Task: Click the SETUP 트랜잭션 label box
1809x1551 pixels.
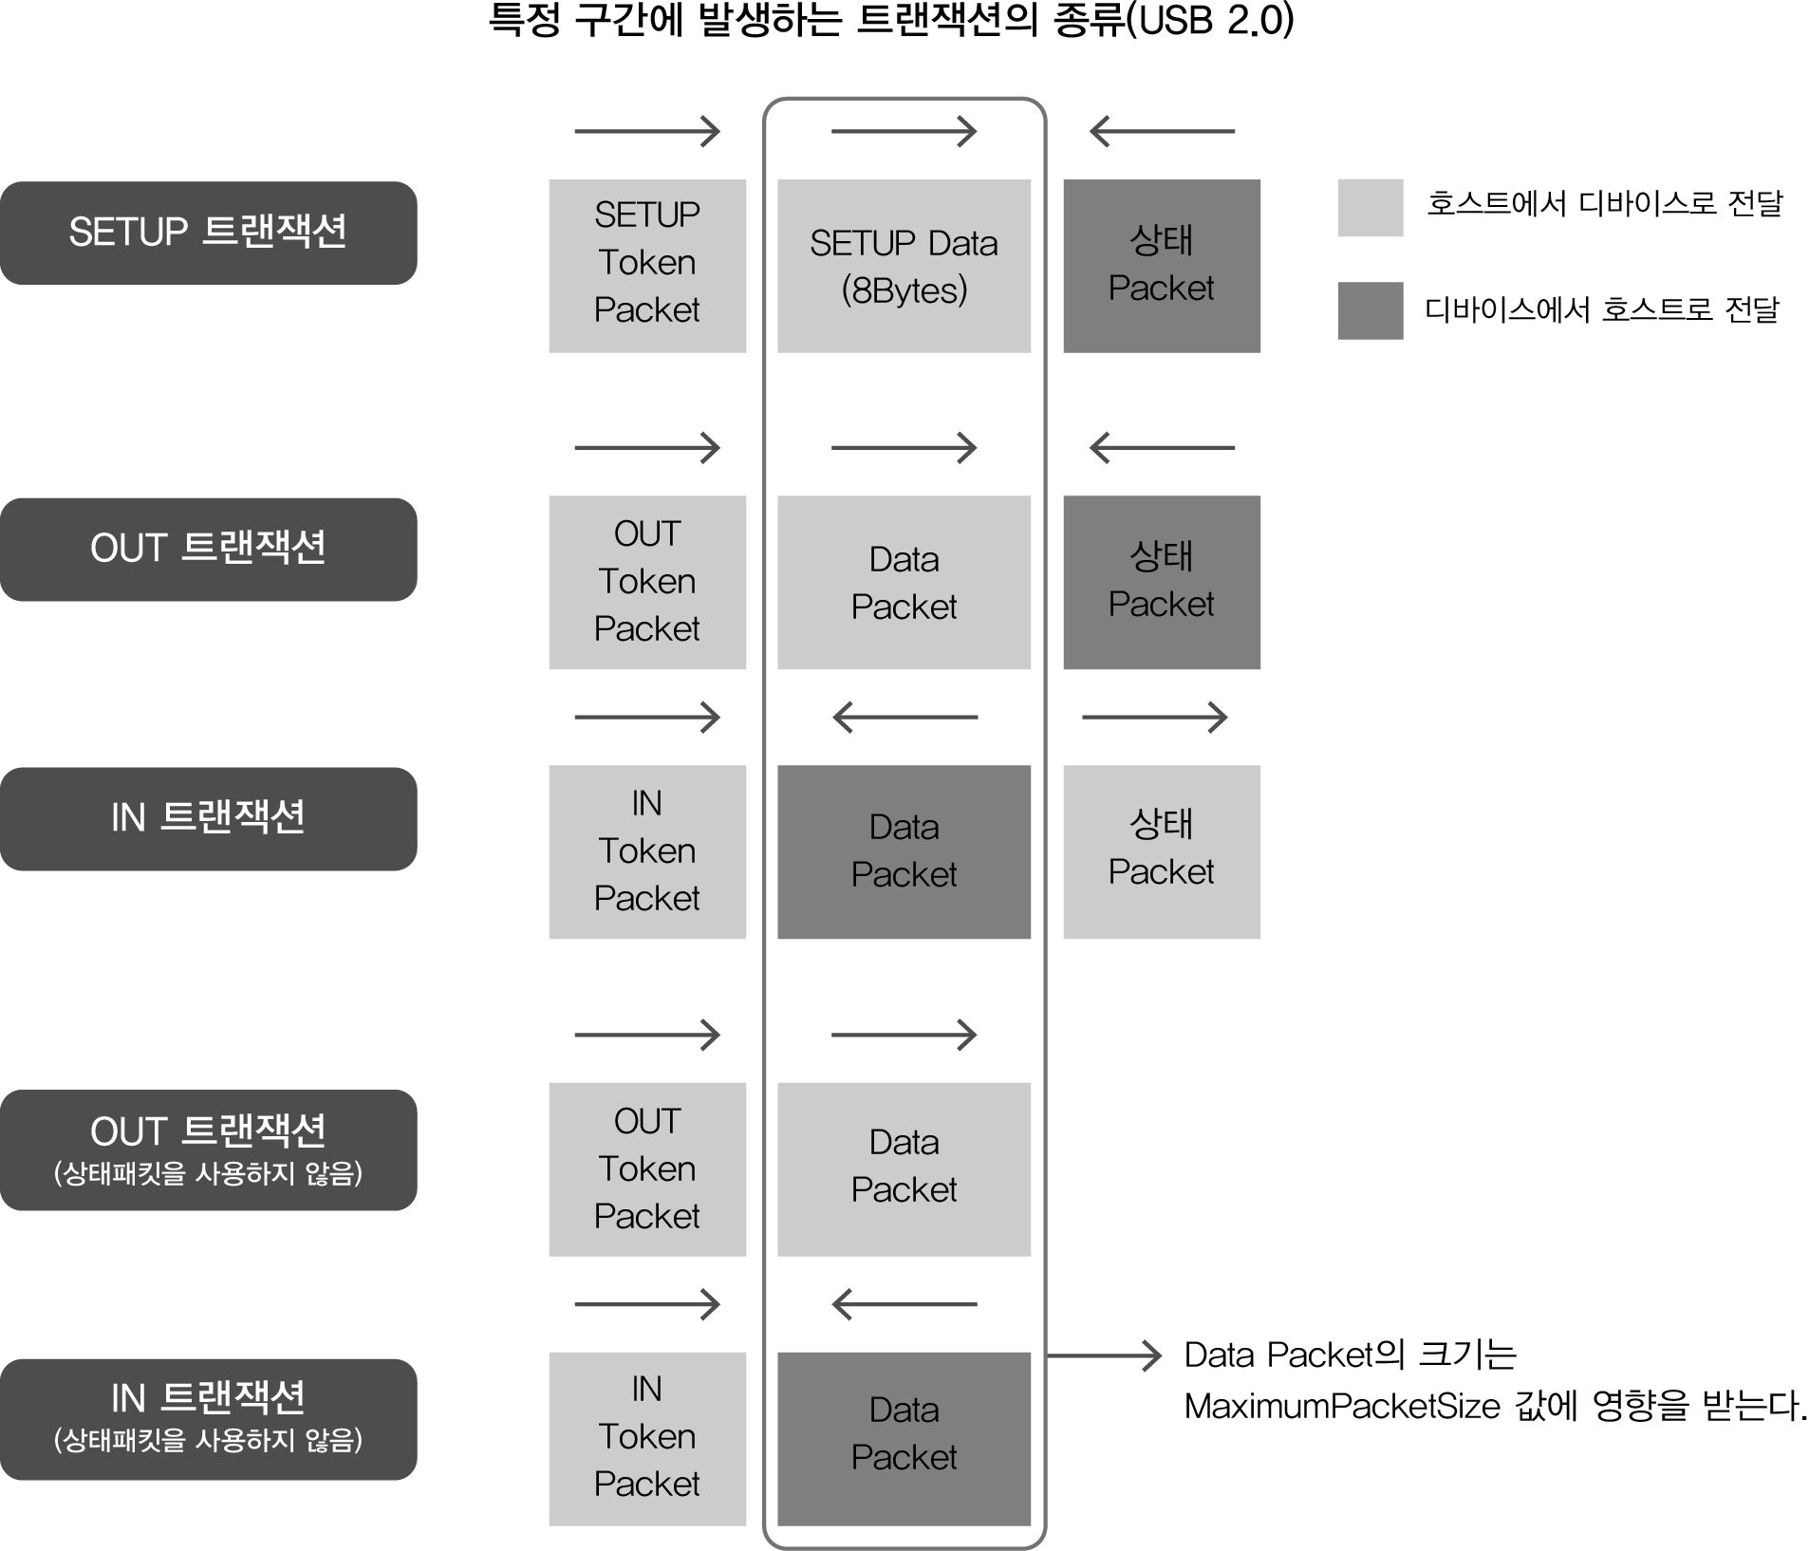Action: [208, 233]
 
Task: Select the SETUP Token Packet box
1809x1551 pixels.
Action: [647, 266]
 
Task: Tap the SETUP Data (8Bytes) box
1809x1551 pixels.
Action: [904, 266]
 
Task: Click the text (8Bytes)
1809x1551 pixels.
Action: [904, 290]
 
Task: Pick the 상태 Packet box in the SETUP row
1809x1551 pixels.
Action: [1162, 266]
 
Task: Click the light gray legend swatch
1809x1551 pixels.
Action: [1371, 207]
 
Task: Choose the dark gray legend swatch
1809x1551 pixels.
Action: [1371, 310]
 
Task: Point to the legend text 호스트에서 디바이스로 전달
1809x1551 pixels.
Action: [1605, 203]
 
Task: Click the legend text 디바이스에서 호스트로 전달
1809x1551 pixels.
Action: [1602, 309]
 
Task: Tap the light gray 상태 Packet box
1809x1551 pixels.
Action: [1162, 851]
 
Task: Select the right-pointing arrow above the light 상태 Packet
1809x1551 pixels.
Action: [1154, 717]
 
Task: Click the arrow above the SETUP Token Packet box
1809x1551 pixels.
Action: [647, 131]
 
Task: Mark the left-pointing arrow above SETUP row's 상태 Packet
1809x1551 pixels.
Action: [1162, 131]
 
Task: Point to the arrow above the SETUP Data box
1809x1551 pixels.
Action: [904, 131]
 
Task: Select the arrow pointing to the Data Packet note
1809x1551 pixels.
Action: [1105, 1355]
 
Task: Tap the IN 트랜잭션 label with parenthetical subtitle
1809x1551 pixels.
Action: [208, 1419]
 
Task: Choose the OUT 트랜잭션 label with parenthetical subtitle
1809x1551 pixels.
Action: [208, 1149]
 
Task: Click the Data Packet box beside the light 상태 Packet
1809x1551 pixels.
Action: [904, 851]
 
